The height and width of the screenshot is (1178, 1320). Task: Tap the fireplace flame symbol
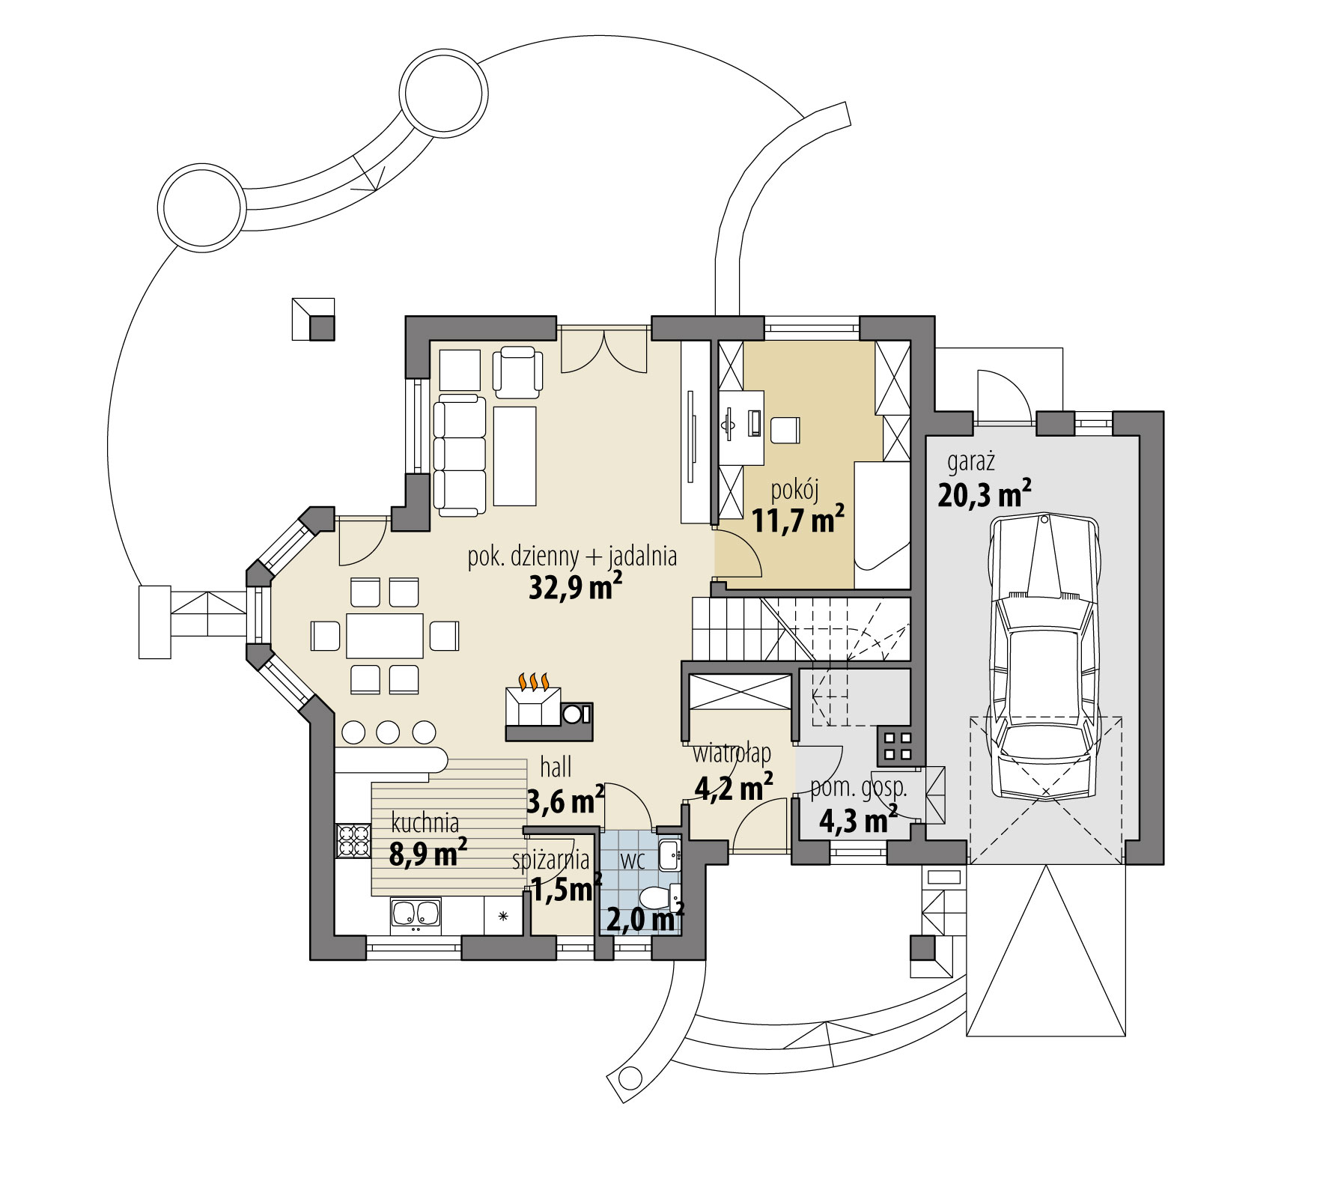point(534,681)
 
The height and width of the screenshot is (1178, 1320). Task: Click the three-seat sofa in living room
point(459,456)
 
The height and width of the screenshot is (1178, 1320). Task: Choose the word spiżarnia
point(551,860)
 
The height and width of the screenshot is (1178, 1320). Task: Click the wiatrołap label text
point(732,751)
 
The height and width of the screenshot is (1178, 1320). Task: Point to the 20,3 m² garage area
point(984,495)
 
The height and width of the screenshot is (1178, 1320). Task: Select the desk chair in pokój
point(785,429)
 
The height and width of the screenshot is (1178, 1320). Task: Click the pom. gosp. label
point(859,787)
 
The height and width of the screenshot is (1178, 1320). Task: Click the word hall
point(556,767)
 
